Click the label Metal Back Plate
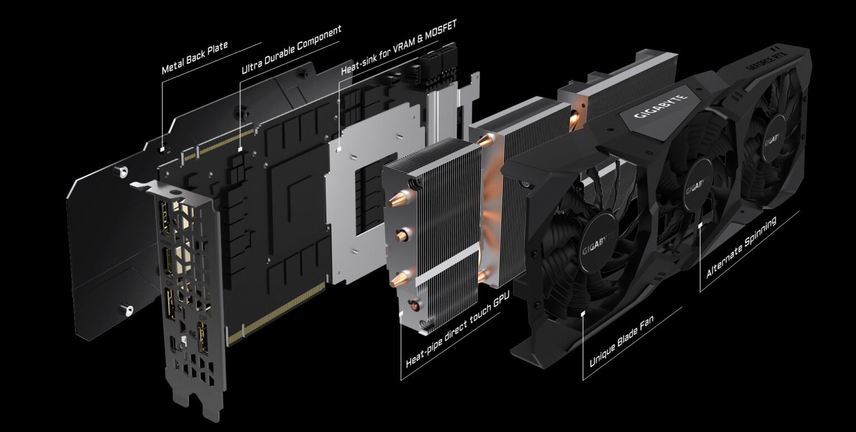[194, 58]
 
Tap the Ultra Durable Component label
[291, 50]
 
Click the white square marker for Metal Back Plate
[162, 149]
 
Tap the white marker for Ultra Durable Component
[240, 149]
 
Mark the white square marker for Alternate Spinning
[701, 225]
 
